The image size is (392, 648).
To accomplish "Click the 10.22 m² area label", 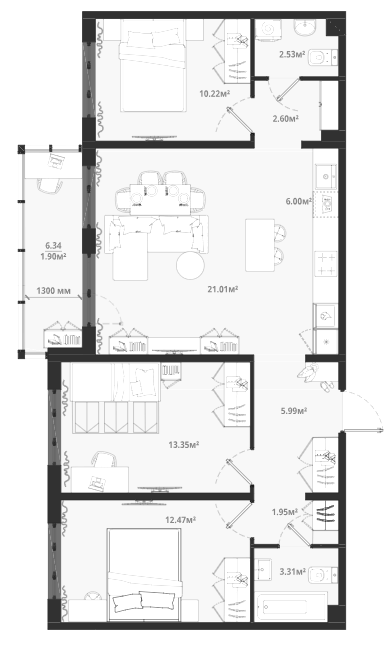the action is coord(214,94).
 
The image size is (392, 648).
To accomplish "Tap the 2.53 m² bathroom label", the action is coord(292,54).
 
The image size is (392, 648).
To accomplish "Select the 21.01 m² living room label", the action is coord(223,289).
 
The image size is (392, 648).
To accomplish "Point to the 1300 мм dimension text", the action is coord(53,291).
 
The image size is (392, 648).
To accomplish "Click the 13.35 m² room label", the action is coord(184,445).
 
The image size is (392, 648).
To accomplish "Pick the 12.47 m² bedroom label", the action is coord(181,519).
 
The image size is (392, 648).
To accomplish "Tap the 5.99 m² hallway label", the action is coord(294,411).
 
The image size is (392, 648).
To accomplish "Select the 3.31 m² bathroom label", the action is coord(292,572).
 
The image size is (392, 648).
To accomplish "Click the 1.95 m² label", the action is coord(285,512).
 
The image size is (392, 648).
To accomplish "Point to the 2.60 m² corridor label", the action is coord(285,119).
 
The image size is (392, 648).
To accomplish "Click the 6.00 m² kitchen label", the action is coord(299,201).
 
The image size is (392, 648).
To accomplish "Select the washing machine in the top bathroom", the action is coord(267,30).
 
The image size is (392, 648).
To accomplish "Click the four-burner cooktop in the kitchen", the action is coord(326,264).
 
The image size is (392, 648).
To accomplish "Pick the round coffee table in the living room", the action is coord(190,265).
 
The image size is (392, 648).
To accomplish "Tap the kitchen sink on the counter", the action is coord(326,177).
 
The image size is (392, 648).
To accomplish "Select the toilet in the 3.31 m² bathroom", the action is coord(323,575).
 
